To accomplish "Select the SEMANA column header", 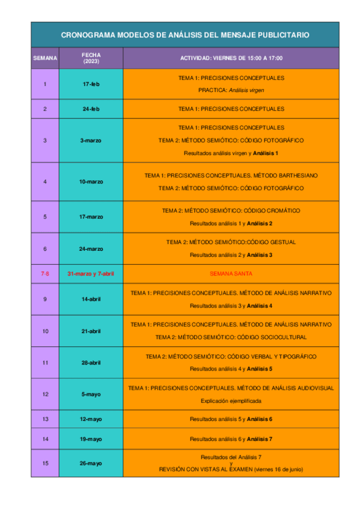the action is click(x=45, y=58).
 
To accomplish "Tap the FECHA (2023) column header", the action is click(x=91, y=58).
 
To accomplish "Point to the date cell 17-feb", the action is click(x=91, y=84).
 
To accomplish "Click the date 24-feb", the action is click(x=91, y=109).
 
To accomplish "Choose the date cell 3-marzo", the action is click(x=91, y=140).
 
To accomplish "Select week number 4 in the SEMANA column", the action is click(x=45, y=181).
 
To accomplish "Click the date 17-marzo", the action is click(x=91, y=217).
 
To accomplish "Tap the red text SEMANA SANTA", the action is click(x=231, y=274).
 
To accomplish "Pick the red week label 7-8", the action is click(x=45, y=274).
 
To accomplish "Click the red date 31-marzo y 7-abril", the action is click(x=91, y=274).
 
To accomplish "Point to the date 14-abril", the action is click(x=91, y=299).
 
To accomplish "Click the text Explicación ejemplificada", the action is click(x=231, y=401).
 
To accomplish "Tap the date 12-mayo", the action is click(x=91, y=419).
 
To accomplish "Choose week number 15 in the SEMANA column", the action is click(x=45, y=463).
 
